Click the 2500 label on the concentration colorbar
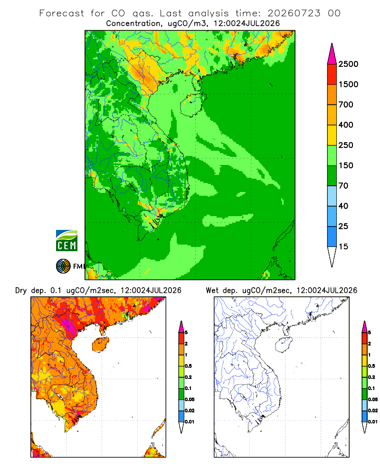tap(348, 64)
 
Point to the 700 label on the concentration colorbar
tap(346, 105)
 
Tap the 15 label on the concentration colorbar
tap(343, 246)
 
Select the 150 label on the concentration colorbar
tap(346, 165)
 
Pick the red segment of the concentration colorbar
tap(332, 74)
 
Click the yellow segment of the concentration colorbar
tap(332, 135)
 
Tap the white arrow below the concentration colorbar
tap(332, 255)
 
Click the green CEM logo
tap(66, 241)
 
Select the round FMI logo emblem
tap(63, 266)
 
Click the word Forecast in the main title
tap(62, 13)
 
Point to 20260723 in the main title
tap(294, 13)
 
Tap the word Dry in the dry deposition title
tap(21, 291)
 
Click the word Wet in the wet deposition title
tap(212, 291)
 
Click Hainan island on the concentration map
tap(193, 104)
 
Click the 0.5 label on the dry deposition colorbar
tap(188, 366)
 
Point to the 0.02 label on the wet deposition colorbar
tap(373, 410)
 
